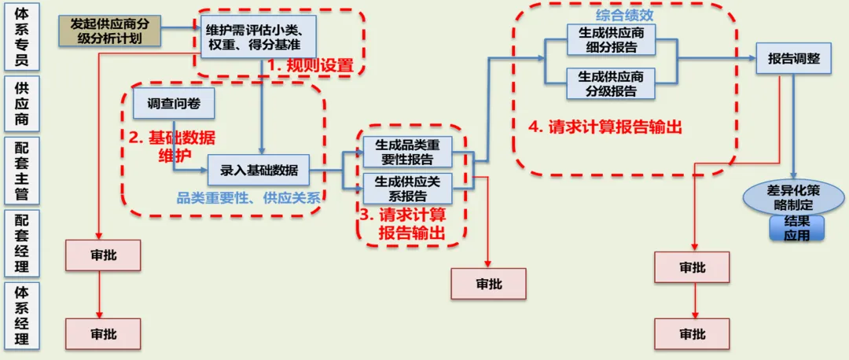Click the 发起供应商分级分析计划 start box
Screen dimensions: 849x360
112,31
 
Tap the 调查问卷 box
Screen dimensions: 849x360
174,104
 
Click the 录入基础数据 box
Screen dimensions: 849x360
259,171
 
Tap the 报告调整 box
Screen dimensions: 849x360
794,59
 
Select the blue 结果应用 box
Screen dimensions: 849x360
797,228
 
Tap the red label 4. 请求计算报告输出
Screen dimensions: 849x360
605,128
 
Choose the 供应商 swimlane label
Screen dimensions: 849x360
22,104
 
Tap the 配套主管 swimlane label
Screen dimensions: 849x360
22,171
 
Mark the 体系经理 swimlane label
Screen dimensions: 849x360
22,316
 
